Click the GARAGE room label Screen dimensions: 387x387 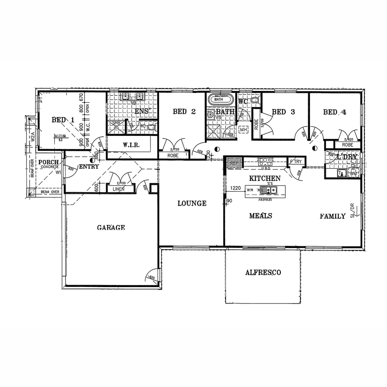point(111,227)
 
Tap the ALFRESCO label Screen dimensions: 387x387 point(263,272)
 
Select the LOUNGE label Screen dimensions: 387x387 point(192,204)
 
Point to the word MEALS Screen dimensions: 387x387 point(261,216)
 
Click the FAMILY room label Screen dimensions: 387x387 point(333,216)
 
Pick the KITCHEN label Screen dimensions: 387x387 point(265,178)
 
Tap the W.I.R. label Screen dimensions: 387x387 point(131,145)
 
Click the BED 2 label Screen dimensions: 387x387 point(184,112)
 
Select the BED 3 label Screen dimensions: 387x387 point(283,112)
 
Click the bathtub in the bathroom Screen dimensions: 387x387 point(220,99)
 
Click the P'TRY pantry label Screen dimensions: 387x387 point(296,161)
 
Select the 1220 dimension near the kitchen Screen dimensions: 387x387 point(235,188)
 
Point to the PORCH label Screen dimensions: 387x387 point(49,162)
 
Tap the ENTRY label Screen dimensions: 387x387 point(89,167)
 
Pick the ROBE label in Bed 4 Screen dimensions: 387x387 point(347,145)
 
